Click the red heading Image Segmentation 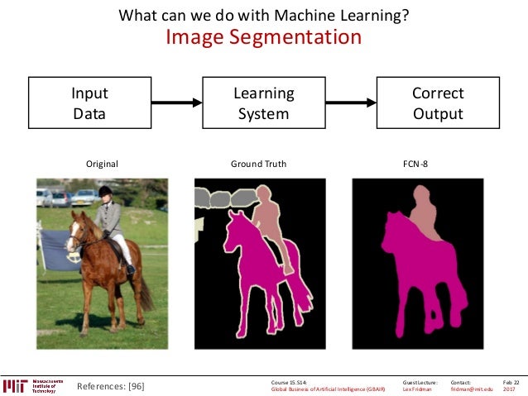pyautogui.click(x=263, y=37)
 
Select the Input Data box pyautogui.click(x=89, y=103)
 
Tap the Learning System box pyautogui.click(x=262, y=103)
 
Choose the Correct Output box pyautogui.click(x=438, y=103)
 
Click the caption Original pyautogui.click(x=103, y=164)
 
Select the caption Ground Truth pyautogui.click(x=258, y=164)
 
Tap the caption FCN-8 pyautogui.click(x=415, y=164)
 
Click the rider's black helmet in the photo pyautogui.click(x=105, y=192)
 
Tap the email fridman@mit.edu pyautogui.click(x=471, y=389)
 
